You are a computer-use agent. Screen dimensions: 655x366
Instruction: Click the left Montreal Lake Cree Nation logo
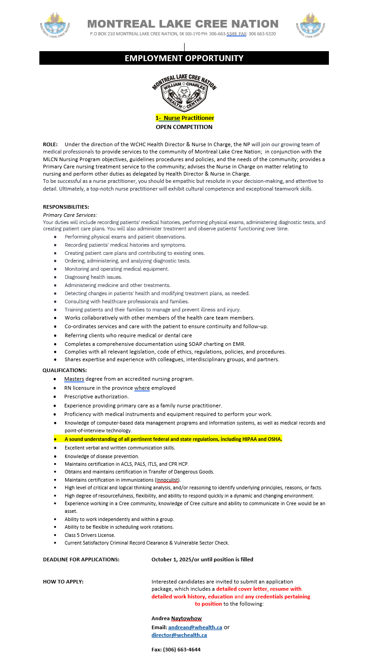coord(55,25)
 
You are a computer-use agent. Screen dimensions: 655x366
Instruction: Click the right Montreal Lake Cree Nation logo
coord(310,25)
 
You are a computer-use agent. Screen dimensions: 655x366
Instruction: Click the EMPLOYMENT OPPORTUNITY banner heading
coord(184,58)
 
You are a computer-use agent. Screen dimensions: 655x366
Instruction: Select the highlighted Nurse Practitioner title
coord(185,118)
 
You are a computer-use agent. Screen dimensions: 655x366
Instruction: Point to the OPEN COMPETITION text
coord(184,127)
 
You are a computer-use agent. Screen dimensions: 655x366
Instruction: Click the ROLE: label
coord(50,144)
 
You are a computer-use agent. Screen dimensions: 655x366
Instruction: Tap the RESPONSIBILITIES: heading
coord(66,207)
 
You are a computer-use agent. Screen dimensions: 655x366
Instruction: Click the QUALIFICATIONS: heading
coord(65,370)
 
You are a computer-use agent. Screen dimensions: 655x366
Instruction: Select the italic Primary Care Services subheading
coord(70,215)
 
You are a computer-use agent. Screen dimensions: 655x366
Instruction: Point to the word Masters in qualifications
coord(74,379)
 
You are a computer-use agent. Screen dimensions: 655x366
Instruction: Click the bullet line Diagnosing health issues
coord(93,277)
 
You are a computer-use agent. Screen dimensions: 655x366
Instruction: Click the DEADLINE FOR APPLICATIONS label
coord(81,559)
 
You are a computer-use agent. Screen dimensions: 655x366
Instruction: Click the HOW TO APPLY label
coord(63,582)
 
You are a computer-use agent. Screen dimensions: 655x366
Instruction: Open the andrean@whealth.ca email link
coord(195,627)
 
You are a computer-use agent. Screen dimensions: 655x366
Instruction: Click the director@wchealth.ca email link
coord(179,635)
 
